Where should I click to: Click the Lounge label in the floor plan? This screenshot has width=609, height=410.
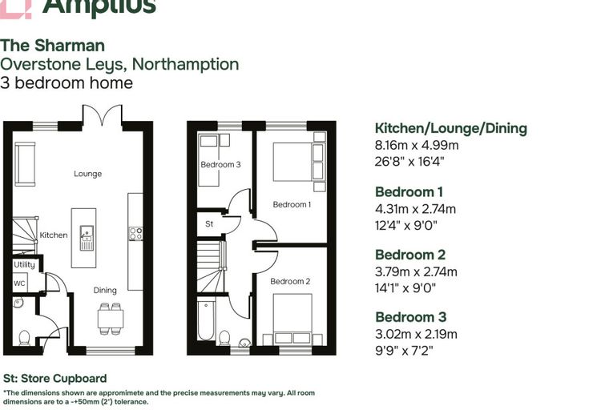(x=88, y=174)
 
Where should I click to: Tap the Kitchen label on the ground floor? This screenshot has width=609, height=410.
(x=54, y=235)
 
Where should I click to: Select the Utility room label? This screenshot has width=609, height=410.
(x=25, y=265)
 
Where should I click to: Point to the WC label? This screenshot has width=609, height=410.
(x=19, y=283)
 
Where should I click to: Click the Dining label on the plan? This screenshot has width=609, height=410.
(x=105, y=291)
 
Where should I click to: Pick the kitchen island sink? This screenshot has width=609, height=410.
(x=87, y=238)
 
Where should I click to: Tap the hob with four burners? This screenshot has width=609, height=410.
(x=135, y=234)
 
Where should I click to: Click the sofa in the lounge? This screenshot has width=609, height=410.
(x=26, y=164)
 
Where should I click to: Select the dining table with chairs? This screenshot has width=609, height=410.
(x=111, y=319)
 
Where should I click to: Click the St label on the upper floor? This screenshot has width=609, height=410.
(x=209, y=224)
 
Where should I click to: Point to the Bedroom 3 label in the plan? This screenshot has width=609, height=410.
(x=220, y=165)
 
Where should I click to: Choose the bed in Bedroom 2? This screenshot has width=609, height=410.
(x=292, y=320)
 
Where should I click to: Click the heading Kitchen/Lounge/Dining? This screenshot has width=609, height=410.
(x=451, y=128)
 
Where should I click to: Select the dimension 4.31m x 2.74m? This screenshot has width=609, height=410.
(x=415, y=209)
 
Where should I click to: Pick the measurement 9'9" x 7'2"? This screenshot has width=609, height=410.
(x=404, y=351)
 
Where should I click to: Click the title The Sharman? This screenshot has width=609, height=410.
(x=52, y=46)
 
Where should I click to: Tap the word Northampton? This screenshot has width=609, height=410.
(x=186, y=64)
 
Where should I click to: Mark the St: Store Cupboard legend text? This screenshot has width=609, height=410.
(x=54, y=379)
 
